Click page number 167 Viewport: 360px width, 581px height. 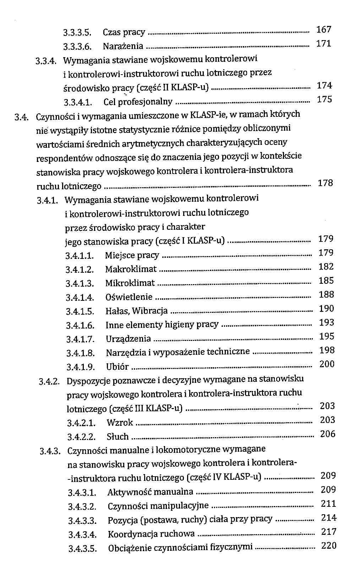[x=323, y=29]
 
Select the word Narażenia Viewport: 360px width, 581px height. [x=123, y=46]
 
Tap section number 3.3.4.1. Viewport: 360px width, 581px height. [x=78, y=103]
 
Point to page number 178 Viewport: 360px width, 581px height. [x=325, y=183]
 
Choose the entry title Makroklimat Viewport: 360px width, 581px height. [x=131, y=269]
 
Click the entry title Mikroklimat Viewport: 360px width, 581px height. [x=130, y=283]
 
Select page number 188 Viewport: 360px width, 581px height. [x=326, y=294]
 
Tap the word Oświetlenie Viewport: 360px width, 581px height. [x=129, y=297]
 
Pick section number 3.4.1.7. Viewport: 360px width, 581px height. [x=80, y=339]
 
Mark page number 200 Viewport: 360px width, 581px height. [x=327, y=364]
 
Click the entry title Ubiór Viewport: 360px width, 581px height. [x=117, y=367]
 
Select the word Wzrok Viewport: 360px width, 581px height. [x=120, y=423]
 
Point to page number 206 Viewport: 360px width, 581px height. [x=327, y=434]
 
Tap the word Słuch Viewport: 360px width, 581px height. [x=118, y=436]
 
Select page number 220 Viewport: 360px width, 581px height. [x=328, y=545]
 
